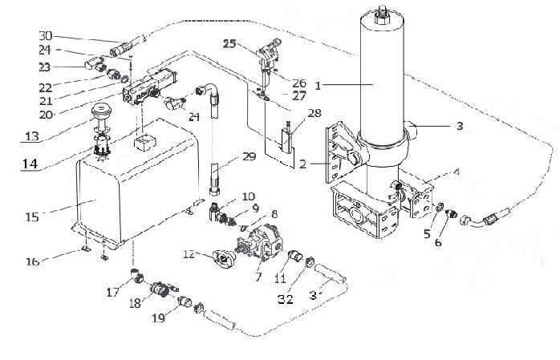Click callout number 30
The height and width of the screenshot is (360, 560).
[45, 35]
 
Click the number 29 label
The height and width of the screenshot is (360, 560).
[249, 156]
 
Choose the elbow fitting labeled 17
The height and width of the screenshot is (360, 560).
[138, 277]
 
